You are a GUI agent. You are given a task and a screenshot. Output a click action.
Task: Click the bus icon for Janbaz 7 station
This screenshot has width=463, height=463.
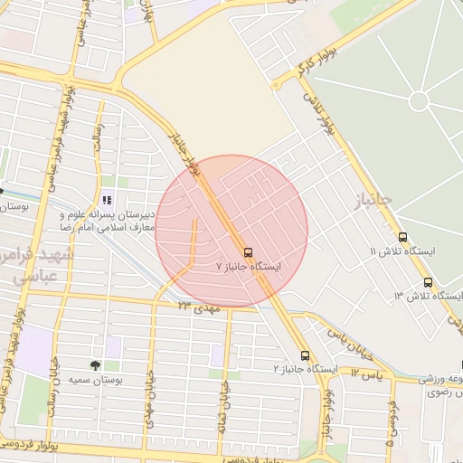(x=249, y=252)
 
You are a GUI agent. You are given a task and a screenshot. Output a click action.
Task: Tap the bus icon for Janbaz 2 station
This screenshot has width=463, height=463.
(x=305, y=355)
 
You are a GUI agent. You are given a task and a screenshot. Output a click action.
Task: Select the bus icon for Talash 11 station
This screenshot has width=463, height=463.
(x=402, y=237)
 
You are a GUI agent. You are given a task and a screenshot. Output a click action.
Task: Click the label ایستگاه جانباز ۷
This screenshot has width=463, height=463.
(x=249, y=268)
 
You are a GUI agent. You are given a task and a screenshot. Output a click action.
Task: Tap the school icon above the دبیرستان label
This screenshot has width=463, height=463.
(x=107, y=200)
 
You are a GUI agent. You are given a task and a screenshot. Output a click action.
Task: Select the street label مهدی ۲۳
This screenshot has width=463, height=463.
(x=199, y=307)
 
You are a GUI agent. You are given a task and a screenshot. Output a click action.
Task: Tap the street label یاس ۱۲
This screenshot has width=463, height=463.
(x=368, y=372)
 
